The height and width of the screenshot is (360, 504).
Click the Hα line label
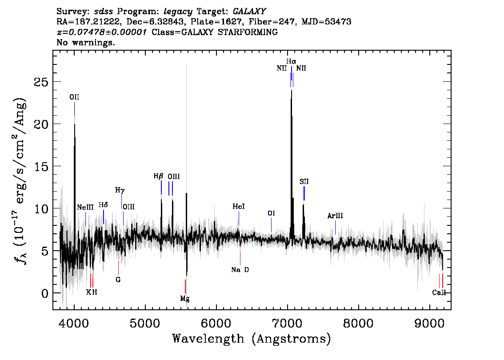point(291,61)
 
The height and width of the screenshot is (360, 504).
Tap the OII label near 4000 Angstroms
point(74,97)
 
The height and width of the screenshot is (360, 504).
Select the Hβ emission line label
point(158,176)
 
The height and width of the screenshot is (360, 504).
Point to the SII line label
point(304,182)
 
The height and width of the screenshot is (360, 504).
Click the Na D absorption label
point(240,270)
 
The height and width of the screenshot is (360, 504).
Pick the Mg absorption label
point(185,299)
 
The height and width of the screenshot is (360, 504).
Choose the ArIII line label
point(335,216)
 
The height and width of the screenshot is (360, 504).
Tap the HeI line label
point(239,206)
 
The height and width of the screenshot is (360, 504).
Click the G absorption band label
point(118,280)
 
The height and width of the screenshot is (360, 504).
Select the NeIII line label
point(85,207)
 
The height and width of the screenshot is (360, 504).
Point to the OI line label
point(271,213)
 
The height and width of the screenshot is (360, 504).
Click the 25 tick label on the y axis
point(41,82)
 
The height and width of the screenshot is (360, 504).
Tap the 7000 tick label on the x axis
point(288,323)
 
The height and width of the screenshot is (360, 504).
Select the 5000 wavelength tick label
point(145,323)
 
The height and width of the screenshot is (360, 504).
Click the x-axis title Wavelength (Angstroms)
point(252,339)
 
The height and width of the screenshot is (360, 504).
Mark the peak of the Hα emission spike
point(292,90)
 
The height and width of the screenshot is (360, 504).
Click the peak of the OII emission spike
point(75,124)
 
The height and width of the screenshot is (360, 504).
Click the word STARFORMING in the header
point(248,32)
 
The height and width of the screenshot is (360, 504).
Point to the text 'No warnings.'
point(85,42)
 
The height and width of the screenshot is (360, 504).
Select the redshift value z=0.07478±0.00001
point(102,32)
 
